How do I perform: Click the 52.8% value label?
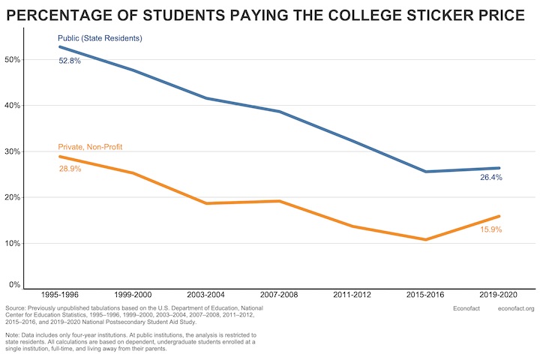tap(70, 61)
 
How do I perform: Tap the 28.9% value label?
tap(70, 169)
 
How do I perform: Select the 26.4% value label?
tap(491, 178)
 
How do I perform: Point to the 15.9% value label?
tap(491, 229)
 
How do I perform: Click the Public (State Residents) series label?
tap(100, 38)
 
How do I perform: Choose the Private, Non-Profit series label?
tap(90, 147)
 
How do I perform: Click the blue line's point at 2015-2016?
tap(426, 172)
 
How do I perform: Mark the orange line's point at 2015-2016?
tap(426, 239)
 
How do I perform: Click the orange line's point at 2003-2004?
tap(206, 203)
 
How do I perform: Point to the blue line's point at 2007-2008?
tap(279, 112)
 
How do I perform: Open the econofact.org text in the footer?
tap(516, 309)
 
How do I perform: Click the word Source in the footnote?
tap(16, 309)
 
